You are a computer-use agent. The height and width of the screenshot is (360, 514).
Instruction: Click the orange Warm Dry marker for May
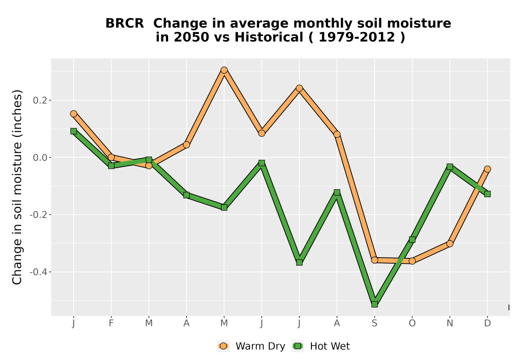tap(224, 70)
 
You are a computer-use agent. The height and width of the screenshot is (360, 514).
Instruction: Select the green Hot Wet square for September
tap(374, 304)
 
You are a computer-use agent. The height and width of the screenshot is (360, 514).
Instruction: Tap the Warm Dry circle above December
tap(487, 169)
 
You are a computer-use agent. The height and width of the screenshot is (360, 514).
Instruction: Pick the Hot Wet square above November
tap(450, 167)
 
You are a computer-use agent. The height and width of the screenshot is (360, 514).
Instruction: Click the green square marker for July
tap(299, 262)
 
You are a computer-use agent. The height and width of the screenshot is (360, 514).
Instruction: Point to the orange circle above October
tap(412, 261)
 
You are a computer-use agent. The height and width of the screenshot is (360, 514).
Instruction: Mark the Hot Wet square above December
tap(487, 194)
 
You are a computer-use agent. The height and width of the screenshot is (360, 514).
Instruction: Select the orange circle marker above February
tap(111, 157)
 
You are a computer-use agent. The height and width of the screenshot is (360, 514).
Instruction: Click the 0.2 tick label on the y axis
tap(40, 100)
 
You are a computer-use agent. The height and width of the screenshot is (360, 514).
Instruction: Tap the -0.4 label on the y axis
tap(39, 272)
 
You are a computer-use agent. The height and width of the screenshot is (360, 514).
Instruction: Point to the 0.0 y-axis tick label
tap(40, 158)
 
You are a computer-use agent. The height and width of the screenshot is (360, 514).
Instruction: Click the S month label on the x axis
tap(374, 323)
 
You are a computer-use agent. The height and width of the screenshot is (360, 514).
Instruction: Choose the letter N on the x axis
tap(450, 323)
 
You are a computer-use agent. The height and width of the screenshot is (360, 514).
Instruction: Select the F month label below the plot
tap(111, 323)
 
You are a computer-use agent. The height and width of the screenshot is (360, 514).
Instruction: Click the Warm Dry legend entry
tap(251, 346)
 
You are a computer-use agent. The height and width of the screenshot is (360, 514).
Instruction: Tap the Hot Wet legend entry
tap(321, 346)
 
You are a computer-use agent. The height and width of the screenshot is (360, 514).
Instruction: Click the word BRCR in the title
tap(124, 24)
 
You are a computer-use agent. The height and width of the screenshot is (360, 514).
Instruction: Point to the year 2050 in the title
tap(191, 38)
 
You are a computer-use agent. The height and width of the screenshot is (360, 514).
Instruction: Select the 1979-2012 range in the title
tap(357, 38)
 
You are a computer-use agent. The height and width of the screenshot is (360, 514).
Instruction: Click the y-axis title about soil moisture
tap(17, 187)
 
